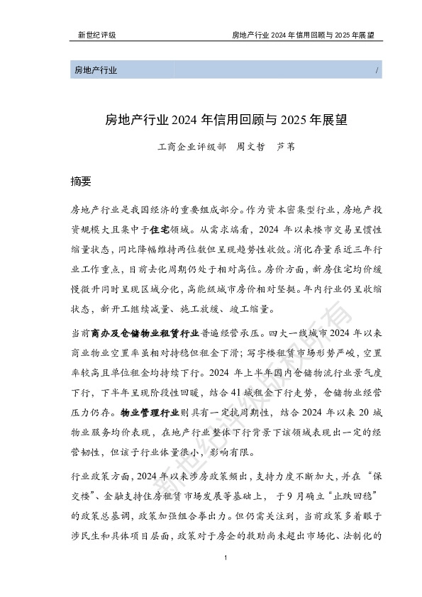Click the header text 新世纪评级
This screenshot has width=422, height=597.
pyautogui.click(x=96, y=34)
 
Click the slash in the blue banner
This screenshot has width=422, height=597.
pyautogui.click(x=375, y=70)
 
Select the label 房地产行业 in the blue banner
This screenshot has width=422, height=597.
pyautogui.click(x=95, y=70)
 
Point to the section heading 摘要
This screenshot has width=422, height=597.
pyautogui.click(x=81, y=181)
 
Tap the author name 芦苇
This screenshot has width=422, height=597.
pyautogui.click(x=285, y=149)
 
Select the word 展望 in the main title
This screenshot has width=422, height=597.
pyautogui.click(x=333, y=120)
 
